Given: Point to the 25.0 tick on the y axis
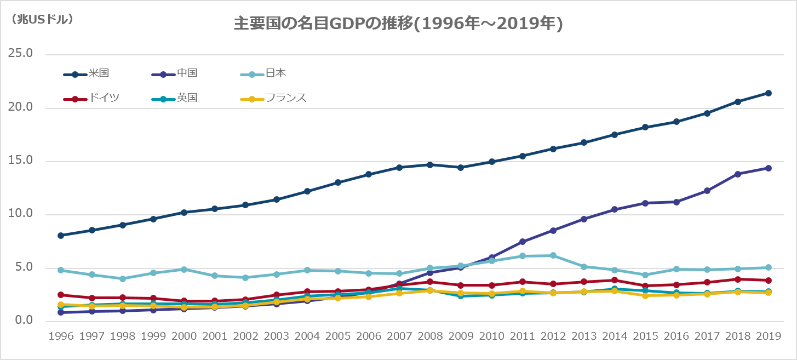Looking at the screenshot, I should click(21, 54).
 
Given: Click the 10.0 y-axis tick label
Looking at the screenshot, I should click(21, 214).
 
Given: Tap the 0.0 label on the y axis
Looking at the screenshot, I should click(24, 321).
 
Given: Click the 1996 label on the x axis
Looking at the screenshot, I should click(61, 336).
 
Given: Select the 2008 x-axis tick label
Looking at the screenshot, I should click(430, 336).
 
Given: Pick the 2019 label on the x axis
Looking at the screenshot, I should click(769, 336).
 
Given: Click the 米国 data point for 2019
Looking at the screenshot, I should click(769, 93).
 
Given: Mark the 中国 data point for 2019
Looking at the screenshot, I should click(769, 168).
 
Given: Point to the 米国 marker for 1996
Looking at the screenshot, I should click(61, 236).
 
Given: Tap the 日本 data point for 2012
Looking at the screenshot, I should click(553, 255).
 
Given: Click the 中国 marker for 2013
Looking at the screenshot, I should click(584, 219).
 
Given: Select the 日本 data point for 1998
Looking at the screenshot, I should click(123, 279).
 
